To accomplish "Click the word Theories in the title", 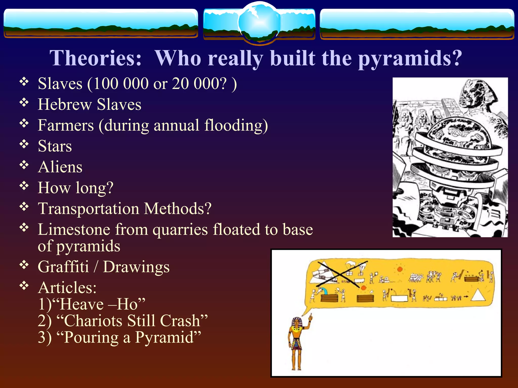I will (x=95, y=58).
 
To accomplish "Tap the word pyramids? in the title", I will (x=410, y=59).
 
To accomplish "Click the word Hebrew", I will (x=64, y=104).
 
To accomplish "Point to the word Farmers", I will (x=66, y=125).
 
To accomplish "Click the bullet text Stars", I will (x=55, y=146).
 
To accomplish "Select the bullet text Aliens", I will (x=60, y=167).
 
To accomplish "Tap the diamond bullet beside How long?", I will (x=24, y=186).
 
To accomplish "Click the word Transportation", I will (x=89, y=209).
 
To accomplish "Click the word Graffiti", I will (x=63, y=267).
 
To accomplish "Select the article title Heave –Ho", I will (x=102, y=304).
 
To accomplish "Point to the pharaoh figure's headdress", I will (x=296, y=322).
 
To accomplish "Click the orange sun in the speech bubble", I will (x=400, y=269).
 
